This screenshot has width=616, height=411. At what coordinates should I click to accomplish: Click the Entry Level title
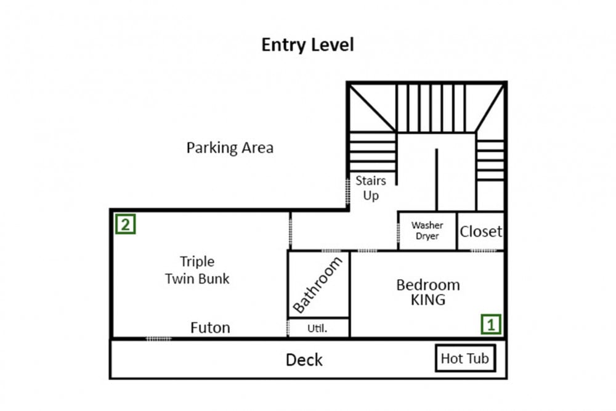pos(307,45)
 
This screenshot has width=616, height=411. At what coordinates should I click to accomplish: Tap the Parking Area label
pos(230,148)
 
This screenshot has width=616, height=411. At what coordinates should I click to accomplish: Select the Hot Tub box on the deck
pos(466,358)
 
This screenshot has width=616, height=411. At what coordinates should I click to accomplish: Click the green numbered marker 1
pos(491,324)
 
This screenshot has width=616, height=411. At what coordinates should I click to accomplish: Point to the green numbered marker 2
pos(125,224)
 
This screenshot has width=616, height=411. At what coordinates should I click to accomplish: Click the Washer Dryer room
pos(428,230)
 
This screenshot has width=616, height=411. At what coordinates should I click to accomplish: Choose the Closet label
pos(481,232)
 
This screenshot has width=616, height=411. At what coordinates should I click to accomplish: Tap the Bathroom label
pos(318,285)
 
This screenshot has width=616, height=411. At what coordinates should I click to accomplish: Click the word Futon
pos(210,328)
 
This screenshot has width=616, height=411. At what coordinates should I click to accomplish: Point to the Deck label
pos(304,360)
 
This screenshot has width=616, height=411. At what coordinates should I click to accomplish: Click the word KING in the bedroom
pos(428,300)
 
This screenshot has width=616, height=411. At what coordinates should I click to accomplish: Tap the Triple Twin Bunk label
pos(197,270)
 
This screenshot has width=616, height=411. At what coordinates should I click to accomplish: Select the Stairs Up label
pos(370,188)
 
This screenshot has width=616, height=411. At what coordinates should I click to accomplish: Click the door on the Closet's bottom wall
pos(483,250)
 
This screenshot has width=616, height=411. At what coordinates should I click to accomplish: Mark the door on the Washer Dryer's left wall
pos(399,232)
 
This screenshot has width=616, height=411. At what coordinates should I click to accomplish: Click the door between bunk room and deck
pos(159,338)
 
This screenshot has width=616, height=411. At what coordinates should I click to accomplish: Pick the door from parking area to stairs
pos(347,192)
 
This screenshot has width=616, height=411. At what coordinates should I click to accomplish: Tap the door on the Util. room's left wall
pos(288,328)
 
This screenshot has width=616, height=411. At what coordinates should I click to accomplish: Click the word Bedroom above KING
pos(428,285)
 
